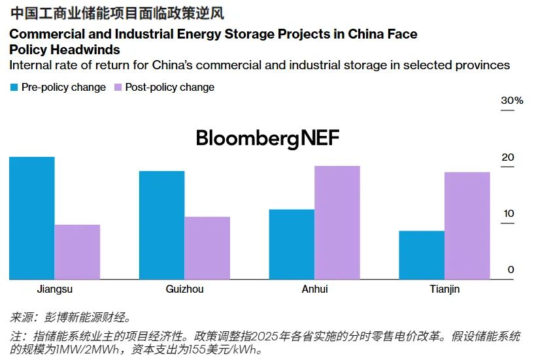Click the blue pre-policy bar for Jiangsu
(32, 218)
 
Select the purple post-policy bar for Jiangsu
(77, 252)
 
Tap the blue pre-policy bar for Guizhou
(161, 225)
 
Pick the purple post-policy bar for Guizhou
(207, 248)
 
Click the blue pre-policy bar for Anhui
(292, 244)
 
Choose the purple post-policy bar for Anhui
(337, 223)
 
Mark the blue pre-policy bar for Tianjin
(422, 255)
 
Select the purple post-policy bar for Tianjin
(467, 226)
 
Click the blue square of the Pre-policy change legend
(14, 87)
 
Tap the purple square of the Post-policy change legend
(118, 87)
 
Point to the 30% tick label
(512, 101)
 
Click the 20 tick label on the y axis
(508, 157)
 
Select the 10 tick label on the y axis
(508, 214)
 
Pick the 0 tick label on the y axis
(511, 270)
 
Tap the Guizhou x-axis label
(184, 289)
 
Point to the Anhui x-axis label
(314, 289)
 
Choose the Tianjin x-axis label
(444, 289)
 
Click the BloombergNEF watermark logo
(268, 138)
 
